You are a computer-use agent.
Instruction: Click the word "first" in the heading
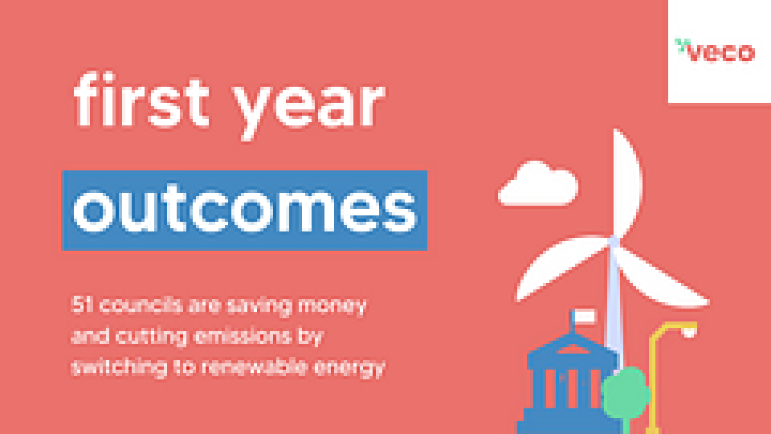tap(141, 100)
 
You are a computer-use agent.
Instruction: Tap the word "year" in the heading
tap(308, 110)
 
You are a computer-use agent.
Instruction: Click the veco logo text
tap(720, 52)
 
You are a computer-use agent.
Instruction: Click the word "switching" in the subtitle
tap(119, 367)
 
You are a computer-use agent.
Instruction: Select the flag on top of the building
tap(585, 317)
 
